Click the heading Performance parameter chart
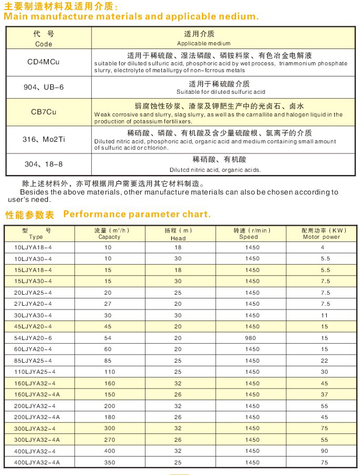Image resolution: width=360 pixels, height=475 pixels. [x=137, y=214]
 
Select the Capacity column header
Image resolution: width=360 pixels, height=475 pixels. [x=109, y=234]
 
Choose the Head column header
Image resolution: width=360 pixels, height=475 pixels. [x=178, y=234]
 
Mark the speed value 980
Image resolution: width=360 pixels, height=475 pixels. [x=252, y=338]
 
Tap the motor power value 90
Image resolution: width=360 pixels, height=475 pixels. [x=324, y=451]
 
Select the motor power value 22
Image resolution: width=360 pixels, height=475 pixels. [x=324, y=361]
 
